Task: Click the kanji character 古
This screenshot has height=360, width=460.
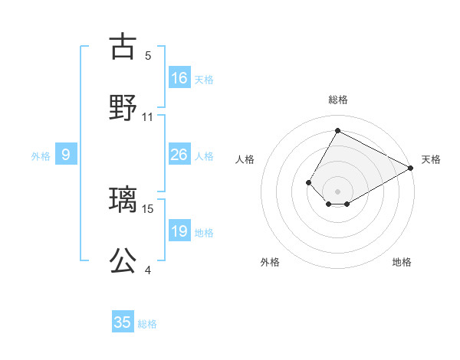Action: (123, 47)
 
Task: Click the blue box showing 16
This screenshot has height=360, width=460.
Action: (179, 78)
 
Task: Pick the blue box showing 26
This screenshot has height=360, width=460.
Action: (179, 155)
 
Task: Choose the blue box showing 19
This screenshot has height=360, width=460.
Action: (179, 231)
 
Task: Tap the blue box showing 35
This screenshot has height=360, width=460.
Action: (123, 322)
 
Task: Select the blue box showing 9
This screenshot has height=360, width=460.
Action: (66, 155)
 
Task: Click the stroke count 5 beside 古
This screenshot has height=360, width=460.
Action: (148, 56)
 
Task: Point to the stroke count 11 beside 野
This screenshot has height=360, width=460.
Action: (148, 117)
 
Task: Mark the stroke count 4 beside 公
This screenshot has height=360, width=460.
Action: (148, 270)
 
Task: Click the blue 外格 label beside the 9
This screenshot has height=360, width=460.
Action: (41, 155)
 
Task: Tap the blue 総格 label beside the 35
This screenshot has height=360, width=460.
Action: (147, 323)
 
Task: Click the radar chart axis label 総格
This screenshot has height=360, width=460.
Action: (337, 100)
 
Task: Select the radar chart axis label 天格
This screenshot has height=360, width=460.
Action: (431, 159)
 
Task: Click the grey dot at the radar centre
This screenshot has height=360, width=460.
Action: (337, 191)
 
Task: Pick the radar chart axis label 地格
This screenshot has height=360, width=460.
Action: (402, 262)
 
